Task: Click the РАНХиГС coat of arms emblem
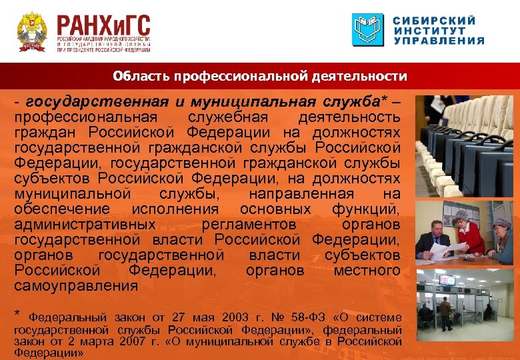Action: pos(31,31)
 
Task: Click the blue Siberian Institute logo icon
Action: pos(368,30)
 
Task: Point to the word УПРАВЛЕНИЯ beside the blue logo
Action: pos(438,41)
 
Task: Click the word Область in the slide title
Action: pos(141,76)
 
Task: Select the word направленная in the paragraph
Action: pos(301,194)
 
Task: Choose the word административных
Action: pos(83,225)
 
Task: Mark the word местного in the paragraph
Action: pos(367,271)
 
